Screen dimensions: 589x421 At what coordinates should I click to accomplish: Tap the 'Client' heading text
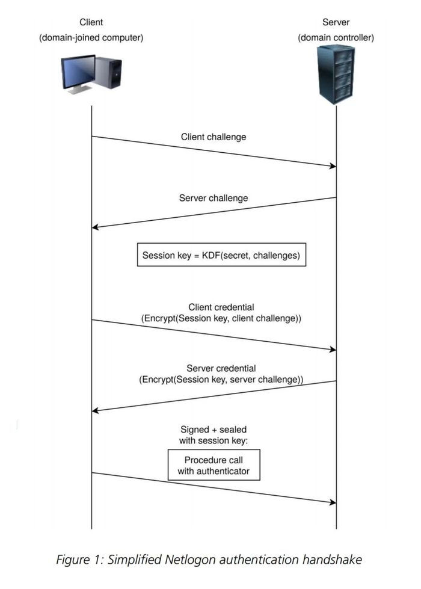click(x=91, y=22)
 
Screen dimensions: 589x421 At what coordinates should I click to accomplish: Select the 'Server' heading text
click(x=336, y=22)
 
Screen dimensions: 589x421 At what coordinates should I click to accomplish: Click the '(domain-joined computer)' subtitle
click(x=91, y=37)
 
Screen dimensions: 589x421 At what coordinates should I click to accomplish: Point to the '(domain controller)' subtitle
click(x=336, y=37)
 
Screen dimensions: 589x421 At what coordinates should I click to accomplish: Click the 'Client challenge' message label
click(x=214, y=137)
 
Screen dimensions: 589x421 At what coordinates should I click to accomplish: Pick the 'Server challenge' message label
click(x=214, y=198)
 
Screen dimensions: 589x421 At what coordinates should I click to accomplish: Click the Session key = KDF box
click(x=221, y=255)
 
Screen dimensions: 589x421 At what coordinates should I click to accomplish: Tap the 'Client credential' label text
click(x=221, y=307)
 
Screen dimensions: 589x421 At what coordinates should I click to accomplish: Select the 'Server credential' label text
click(x=221, y=368)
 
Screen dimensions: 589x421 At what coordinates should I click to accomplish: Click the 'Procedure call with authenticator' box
click(x=214, y=466)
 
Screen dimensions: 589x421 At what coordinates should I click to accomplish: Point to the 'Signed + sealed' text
click(x=214, y=430)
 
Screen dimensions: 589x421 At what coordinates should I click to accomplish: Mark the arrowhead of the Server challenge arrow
click(x=95, y=227)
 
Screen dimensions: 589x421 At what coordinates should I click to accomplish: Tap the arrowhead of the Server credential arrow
click(x=95, y=411)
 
